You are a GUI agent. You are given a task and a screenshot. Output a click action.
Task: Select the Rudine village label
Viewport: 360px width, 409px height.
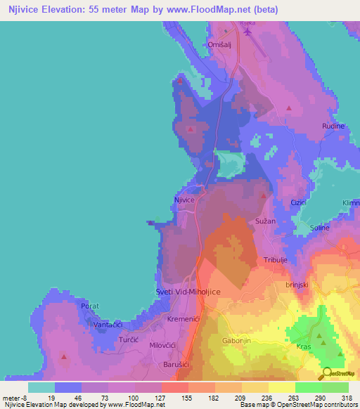click(x=333, y=126)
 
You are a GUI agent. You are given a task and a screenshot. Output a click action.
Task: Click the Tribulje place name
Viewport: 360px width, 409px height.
click(x=276, y=260)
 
